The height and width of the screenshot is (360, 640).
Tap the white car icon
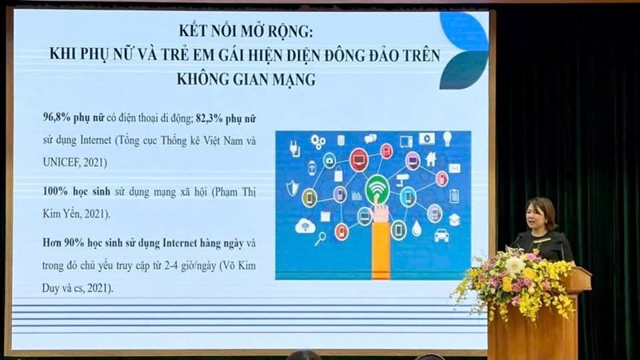[x=442, y=235]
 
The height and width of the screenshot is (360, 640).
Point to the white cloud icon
[x=303, y=226]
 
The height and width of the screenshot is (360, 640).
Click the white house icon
[x=431, y=158]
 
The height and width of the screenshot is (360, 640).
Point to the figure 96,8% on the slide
[x=59, y=115]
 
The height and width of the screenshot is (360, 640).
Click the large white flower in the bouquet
[x=514, y=265]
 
